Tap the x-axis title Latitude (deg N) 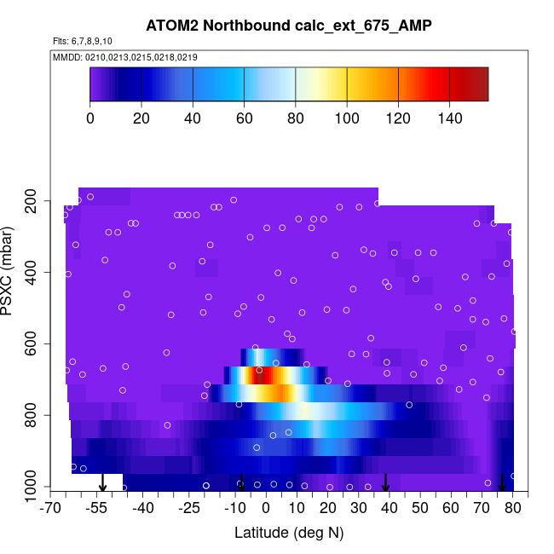pos(288,534)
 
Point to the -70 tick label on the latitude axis pos(51,509)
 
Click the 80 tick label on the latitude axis pos(512,509)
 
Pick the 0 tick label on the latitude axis pos(266,509)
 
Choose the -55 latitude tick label pos(96,509)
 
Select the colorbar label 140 pos(449,118)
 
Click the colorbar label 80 pos(295,118)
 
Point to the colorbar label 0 pos(90,118)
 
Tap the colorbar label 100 pos(346,118)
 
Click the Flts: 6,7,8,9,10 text pos(88,41)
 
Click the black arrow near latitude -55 pos(102,483)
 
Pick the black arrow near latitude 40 pos(385,483)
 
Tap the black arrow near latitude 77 pos(502,483)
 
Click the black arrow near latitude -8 pos(242,483)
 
